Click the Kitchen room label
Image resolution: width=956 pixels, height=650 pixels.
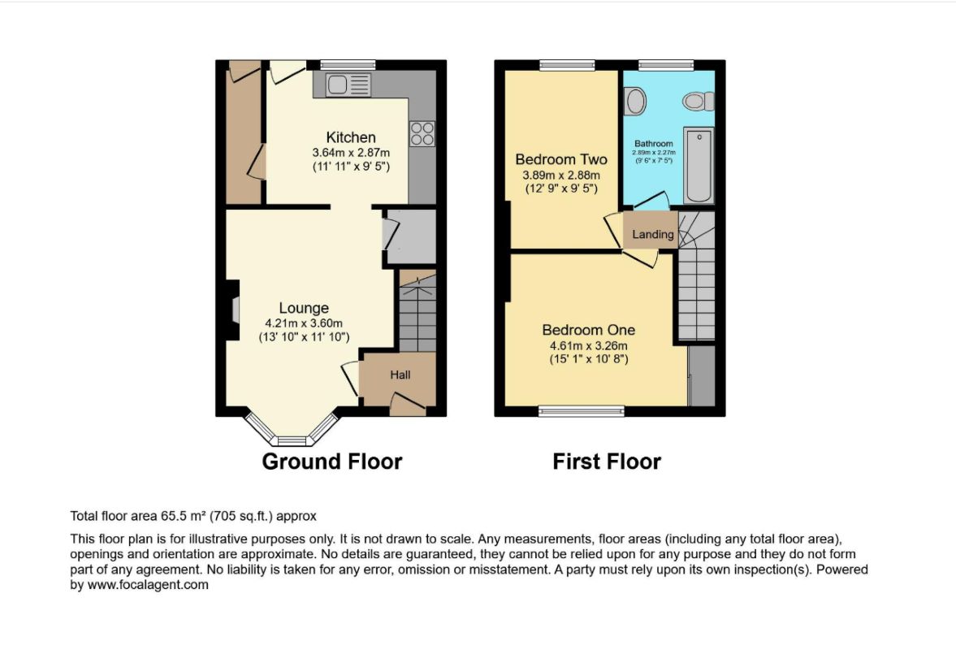click(351, 136)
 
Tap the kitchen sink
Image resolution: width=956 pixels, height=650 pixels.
click(348, 84)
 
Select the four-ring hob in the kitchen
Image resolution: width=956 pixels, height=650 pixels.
click(422, 134)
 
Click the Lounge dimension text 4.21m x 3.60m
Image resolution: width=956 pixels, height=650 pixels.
click(305, 322)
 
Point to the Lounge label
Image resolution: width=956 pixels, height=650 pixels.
click(304, 308)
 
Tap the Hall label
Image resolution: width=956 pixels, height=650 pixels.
click(400, 375)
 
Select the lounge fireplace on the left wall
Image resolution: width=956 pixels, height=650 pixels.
click(233, 310)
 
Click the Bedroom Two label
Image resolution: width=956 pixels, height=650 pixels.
click(561, 159)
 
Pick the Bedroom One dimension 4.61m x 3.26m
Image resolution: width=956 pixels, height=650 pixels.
click(588, 344)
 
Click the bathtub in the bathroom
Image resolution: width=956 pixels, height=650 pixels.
click(698, 165)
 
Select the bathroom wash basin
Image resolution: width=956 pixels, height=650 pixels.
click(635, 102)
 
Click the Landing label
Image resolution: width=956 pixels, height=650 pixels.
click(653, 234)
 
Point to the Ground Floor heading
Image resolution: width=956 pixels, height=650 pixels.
click(331, 461)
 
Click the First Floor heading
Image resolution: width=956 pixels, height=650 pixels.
click(607, 461)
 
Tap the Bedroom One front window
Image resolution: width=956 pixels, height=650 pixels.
click(581, 411)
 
